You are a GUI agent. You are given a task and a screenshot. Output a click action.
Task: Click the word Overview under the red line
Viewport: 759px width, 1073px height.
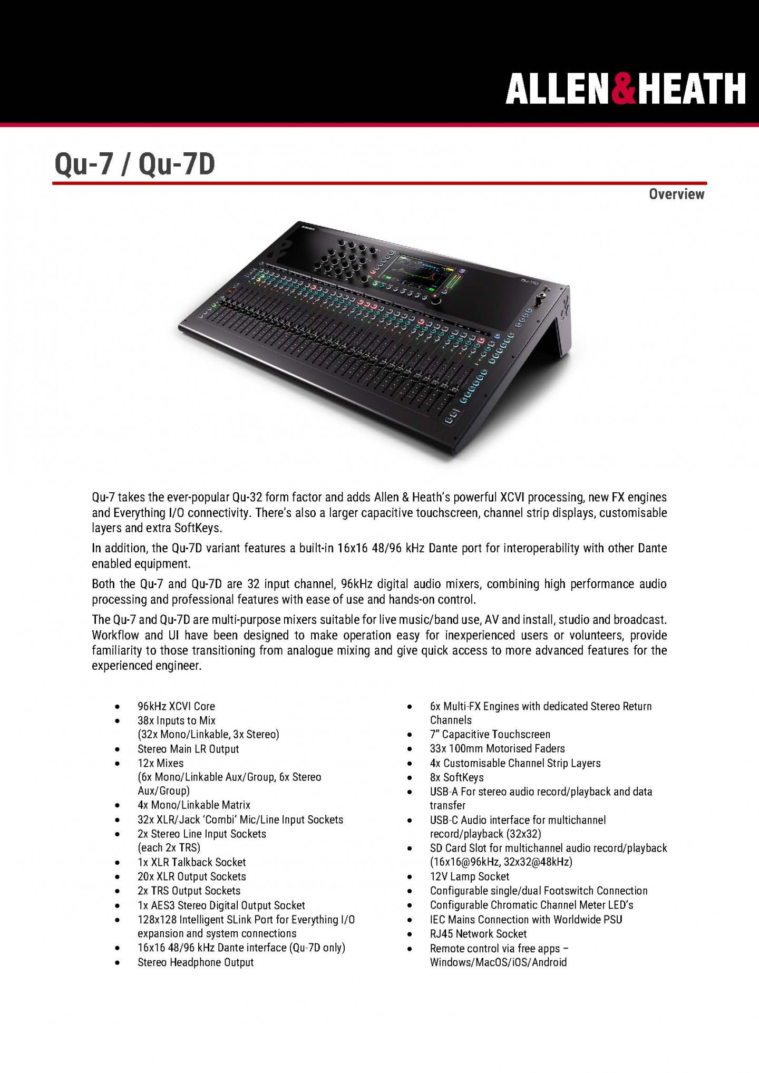676,194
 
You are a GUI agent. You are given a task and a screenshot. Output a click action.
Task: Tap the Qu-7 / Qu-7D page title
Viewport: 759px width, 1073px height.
135,164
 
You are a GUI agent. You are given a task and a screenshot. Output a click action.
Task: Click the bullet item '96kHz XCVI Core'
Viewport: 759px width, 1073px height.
176,706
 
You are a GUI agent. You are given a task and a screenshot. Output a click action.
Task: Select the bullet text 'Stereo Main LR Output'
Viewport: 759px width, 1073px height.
188,749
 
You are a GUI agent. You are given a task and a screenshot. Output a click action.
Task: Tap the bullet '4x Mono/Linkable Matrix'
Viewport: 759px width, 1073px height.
193,805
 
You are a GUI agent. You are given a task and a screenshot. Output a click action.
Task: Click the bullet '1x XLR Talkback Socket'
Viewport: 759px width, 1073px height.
191,862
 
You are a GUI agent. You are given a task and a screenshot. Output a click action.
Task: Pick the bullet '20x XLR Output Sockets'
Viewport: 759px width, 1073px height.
191,876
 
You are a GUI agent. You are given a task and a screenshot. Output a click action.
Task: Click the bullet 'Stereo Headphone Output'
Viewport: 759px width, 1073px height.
196,962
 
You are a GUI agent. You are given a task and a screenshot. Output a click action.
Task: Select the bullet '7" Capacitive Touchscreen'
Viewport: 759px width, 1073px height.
490,734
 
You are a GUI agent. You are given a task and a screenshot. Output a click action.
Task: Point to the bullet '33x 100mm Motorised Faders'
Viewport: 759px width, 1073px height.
497,748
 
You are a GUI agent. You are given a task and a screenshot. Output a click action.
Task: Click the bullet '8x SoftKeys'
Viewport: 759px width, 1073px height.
456,777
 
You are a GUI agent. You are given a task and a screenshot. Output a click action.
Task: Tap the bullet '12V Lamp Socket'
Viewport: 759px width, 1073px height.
469,876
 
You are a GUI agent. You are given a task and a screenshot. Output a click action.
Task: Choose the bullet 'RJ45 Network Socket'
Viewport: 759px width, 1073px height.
478,934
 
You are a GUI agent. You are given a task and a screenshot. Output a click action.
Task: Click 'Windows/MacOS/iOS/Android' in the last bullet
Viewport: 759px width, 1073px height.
498,962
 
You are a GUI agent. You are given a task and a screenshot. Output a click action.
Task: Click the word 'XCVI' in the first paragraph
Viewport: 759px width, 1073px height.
512,498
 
